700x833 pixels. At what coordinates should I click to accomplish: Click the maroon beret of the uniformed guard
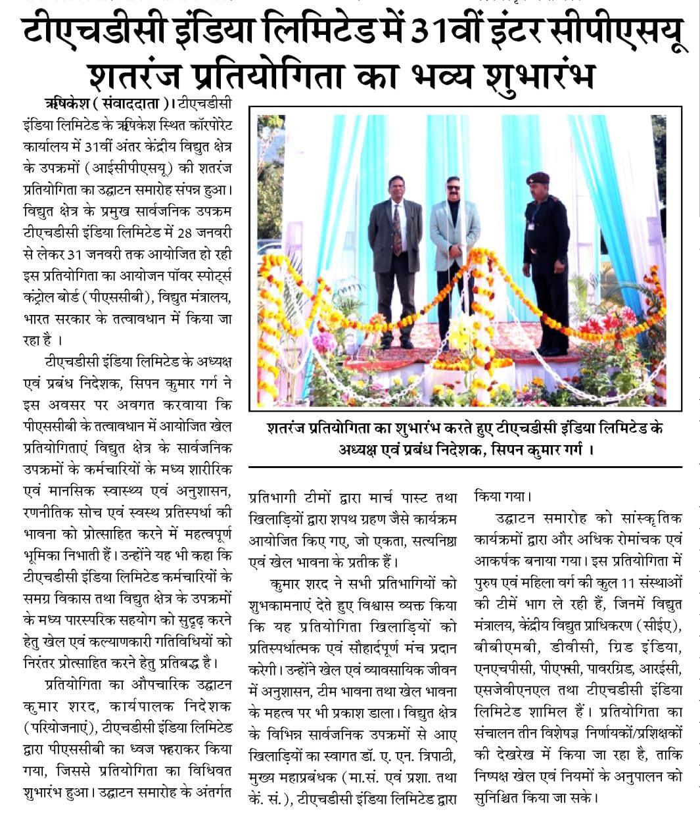(538, 178)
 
